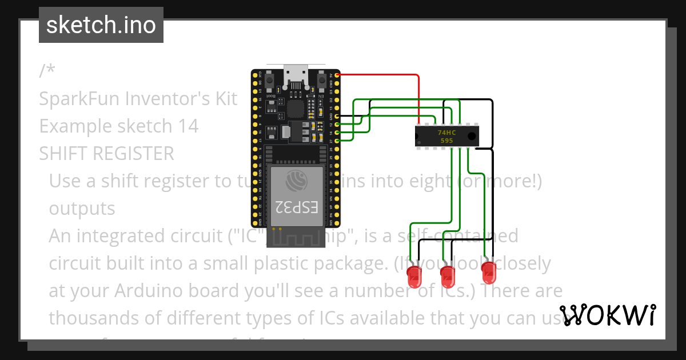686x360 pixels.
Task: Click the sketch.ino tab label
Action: click(x=101, y=26)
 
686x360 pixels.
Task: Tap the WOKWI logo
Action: click(x=607, y=315)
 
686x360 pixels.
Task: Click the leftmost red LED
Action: click(x=413, y=277)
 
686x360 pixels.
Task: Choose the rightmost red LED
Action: click(x=488, y=273)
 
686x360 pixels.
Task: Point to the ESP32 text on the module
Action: click(x=297, y=207)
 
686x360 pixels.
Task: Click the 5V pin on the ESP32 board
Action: click(x=337, y=75)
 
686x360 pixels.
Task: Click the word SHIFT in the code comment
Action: click(x=63, y=154)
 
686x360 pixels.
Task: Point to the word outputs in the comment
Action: click(x=82, y=209)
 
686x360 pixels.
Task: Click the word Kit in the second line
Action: click(x=225, y=99)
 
